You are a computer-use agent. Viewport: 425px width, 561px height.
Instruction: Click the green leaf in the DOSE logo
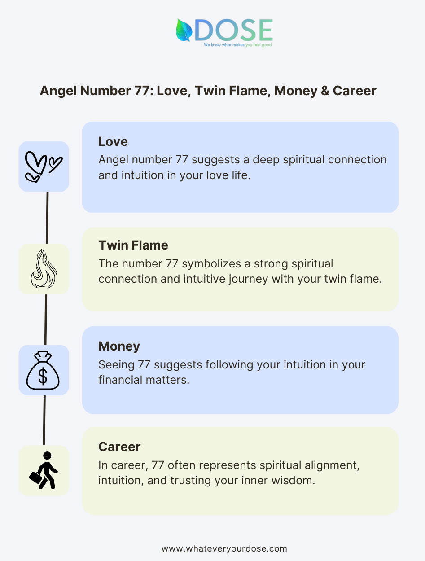click(184, 30)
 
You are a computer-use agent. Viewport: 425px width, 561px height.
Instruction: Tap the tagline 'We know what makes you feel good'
click(238, 45)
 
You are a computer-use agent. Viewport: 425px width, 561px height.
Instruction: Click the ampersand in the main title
click(325, 91)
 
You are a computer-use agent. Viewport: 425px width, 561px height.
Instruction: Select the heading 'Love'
click(113, 141)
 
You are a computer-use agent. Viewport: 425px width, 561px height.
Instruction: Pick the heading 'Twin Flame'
click(133, 245)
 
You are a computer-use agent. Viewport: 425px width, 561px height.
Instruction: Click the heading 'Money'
click(119, 346)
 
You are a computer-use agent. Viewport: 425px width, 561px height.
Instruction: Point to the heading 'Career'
click(119, 447)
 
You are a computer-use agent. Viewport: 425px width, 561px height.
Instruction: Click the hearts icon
click(44, 167)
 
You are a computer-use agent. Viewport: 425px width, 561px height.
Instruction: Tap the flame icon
click(44, 269)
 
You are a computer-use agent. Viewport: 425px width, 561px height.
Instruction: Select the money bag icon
click(43, 370)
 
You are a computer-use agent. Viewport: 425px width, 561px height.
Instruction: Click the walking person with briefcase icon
click(44, 470)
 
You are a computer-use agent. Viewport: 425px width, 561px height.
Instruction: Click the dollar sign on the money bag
click(43, 376)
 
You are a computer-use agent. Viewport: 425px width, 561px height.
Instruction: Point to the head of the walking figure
click(47, 456)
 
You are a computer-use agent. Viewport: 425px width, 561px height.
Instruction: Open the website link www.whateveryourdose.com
click(224, 549)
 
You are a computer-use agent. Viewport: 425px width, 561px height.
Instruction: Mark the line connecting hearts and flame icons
click(47, 218)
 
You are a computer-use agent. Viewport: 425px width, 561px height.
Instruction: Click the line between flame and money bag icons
click(46, 320)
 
